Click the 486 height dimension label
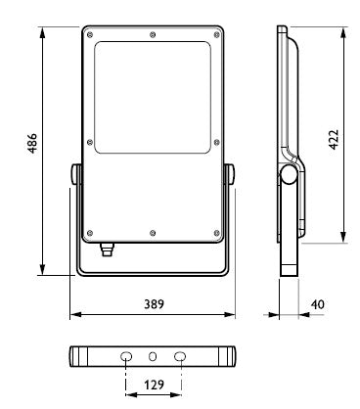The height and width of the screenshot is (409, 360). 32,143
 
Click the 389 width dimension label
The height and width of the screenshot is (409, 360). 155,304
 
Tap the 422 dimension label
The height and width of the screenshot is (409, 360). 334,140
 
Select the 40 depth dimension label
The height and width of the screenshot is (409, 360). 317,304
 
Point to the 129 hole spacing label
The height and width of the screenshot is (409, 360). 154,385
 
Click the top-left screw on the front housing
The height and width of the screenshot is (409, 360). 90,34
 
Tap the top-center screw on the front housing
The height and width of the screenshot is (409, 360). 153,34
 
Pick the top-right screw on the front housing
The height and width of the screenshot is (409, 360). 216,35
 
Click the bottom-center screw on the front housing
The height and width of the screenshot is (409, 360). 153,233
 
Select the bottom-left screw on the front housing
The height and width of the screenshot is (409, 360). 90,233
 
